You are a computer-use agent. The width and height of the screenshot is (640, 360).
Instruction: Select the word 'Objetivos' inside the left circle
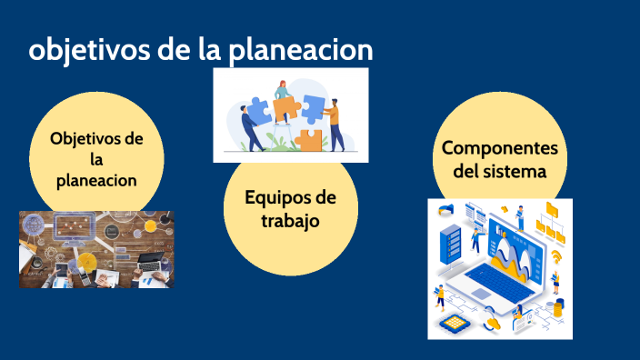96,139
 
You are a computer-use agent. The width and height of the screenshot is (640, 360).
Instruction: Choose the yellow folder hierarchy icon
550,218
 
